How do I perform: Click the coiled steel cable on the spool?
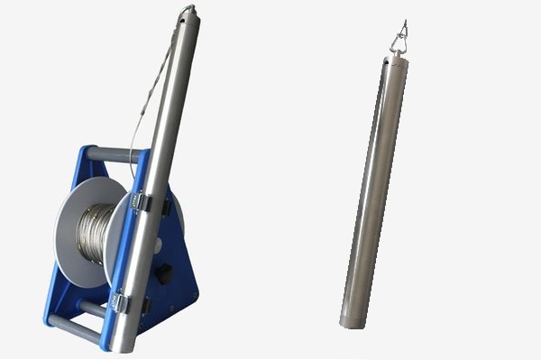96,233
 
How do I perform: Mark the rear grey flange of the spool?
72,226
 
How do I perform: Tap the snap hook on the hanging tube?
398,38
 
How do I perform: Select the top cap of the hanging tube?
394,59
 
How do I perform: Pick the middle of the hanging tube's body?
373,189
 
